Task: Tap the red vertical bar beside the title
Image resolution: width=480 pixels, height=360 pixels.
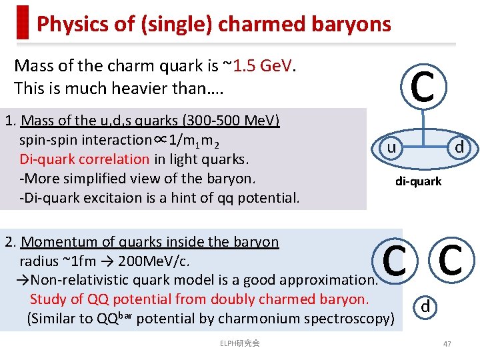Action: pyautogui.click(x=23, y=23)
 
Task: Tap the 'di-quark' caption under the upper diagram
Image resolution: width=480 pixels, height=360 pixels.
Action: pyautogui.click(x=418, y=181)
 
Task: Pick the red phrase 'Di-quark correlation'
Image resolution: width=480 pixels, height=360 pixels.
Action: pyautogui.click(x=84, y=159)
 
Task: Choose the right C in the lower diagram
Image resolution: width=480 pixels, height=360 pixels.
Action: pyautogui.click(x=451, y=260)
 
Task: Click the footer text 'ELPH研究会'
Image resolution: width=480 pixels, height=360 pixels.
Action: pyautogui.click(x=239, y=343)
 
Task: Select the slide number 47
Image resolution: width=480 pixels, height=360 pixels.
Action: pyautogui.click(x=447, y=343)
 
